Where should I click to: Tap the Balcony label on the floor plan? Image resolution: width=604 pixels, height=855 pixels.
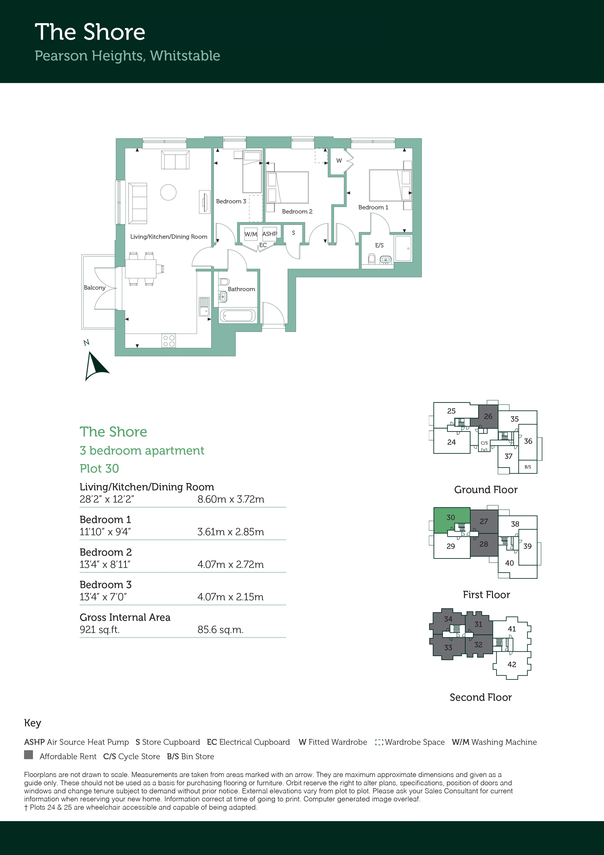click(x=94, y=288)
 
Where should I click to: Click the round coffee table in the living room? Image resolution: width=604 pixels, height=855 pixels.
click(x=168, y=192)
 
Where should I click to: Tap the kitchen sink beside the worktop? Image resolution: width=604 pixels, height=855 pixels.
click(x=204, y=306)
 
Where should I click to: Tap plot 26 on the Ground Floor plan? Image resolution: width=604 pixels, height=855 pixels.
click(x=488, y=416)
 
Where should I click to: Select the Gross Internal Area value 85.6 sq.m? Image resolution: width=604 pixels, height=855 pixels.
click(x=220, y=630)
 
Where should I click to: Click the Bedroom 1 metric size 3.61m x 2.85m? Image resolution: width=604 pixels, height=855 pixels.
click(x=231, y=532)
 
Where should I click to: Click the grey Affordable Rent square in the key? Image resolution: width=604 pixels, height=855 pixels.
click(x=28, y=755)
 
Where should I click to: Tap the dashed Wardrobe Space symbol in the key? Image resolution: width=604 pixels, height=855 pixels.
click(x=379, y=742)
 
